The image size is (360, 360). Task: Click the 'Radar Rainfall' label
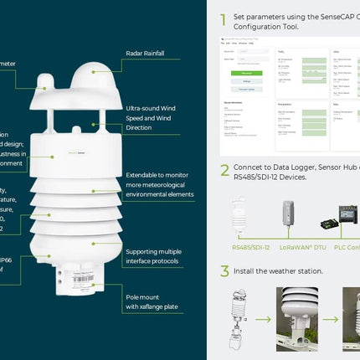coord(145,54)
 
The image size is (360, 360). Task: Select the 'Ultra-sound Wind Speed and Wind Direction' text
coord(153,118)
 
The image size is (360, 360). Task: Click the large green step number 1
coord(224,20)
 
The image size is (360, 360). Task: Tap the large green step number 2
coord(224,170)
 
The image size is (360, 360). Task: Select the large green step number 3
coord(224,271)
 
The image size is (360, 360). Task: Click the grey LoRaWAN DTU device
coord(288,217)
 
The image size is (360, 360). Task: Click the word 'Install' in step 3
coord(246,271)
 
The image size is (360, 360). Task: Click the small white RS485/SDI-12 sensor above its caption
coord(239,219)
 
